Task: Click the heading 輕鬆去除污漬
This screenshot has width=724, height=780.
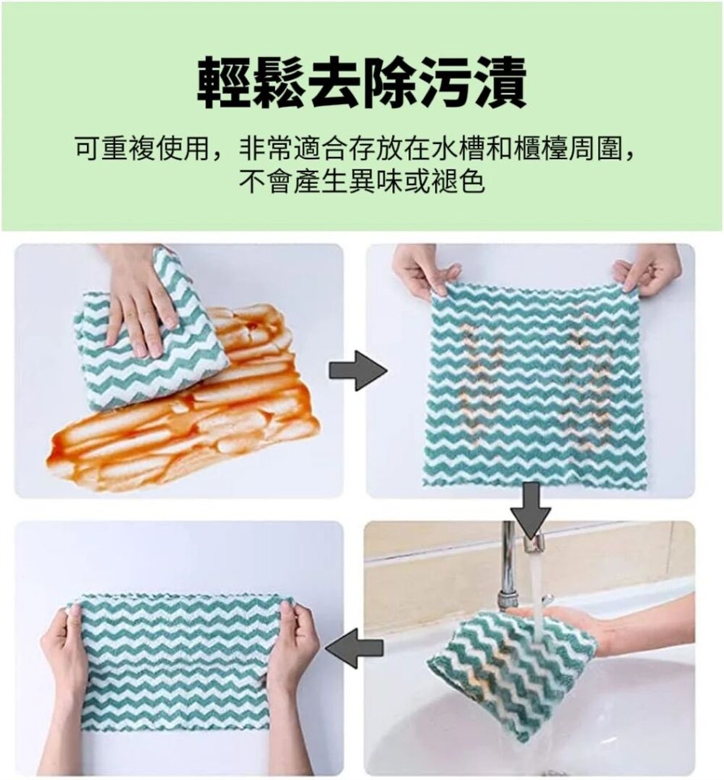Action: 362,83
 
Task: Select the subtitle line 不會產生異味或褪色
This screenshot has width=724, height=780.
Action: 362,181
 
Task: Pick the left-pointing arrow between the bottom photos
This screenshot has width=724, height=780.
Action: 354,647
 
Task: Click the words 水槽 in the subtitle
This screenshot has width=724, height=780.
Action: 457,148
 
